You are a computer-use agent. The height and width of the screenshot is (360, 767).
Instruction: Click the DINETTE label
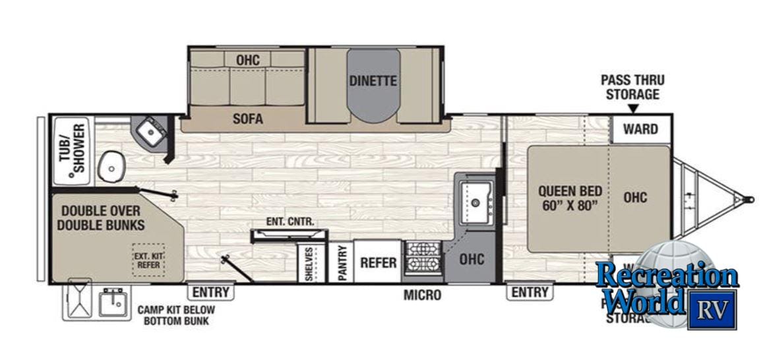click(373, 81)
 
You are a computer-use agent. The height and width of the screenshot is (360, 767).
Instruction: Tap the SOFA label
click(248, 119)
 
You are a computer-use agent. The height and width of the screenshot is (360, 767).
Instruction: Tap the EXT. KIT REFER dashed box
click(148, 260)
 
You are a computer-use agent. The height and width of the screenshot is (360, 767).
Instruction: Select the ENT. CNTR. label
click(290, 222)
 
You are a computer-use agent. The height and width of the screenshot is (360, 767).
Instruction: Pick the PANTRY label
click(342, 263)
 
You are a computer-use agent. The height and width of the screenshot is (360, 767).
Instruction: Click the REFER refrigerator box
click(379, 262)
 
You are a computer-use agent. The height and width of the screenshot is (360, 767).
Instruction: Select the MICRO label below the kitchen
click(422, 295)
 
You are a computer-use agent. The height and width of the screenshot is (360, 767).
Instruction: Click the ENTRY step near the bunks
click(211, 291)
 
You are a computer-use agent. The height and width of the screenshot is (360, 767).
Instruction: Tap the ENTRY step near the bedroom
click(530, 291)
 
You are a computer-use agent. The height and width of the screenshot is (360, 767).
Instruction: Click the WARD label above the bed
click(640, 129)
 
